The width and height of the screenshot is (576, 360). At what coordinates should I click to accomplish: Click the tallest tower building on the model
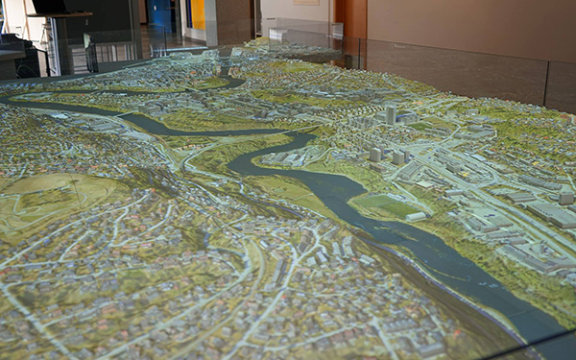(x=391, y=115)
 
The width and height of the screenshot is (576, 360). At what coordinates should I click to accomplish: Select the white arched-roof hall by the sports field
(x=417, y=217)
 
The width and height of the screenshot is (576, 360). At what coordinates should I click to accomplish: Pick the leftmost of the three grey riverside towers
(x=375, y=154)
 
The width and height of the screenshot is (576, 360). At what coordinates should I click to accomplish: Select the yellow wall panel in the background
(x=197, y=13)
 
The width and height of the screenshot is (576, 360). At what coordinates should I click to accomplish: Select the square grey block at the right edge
(x=566, y=199)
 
